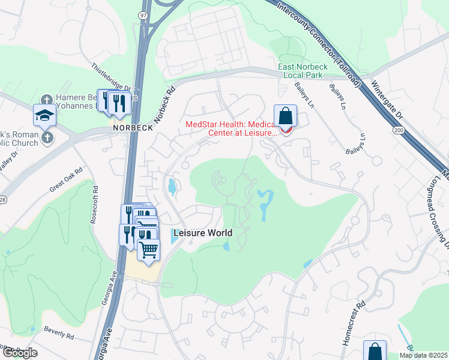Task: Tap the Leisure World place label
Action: (x=202, y=233)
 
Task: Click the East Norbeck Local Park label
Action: (x=300, y=71)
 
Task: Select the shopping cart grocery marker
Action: (x=149, y=248)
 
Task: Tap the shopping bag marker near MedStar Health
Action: (x=286, y=115)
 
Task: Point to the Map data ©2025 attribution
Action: (x=423, y=355)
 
